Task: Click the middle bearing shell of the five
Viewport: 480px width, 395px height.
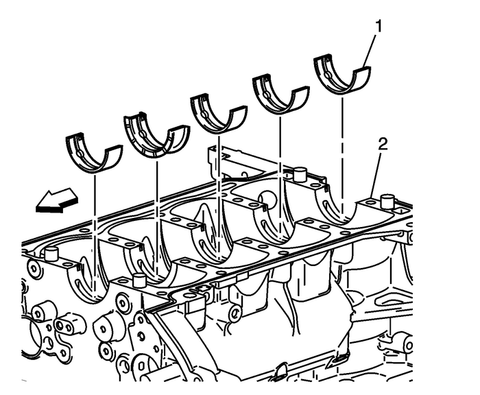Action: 217,114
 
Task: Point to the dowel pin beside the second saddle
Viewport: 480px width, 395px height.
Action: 140,280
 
